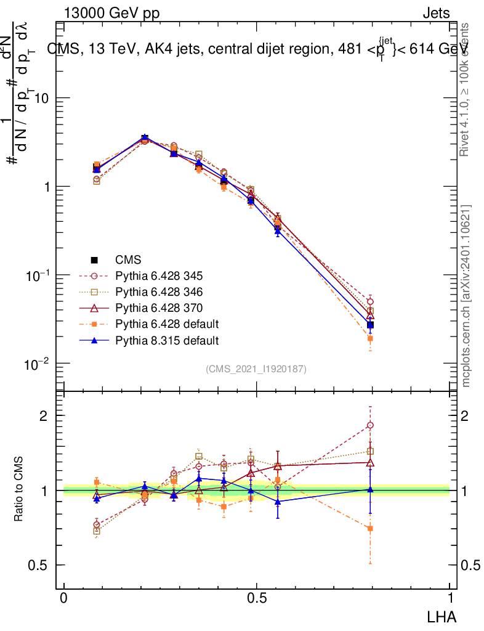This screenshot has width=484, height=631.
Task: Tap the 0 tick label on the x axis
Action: (64, 598)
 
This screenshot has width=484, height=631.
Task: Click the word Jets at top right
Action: (435, 13)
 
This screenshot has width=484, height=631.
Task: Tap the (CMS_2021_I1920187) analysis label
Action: (256, 368)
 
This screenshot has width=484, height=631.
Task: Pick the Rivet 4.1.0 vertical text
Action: (466, 89)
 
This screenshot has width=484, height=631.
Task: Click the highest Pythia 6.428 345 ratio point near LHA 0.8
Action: (370, 425)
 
